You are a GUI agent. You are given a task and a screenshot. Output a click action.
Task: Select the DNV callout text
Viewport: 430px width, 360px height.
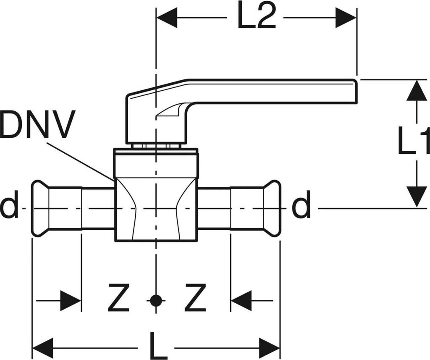coord(38,125)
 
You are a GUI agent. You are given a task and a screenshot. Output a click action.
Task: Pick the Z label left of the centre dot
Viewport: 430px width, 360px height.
coord(118,298)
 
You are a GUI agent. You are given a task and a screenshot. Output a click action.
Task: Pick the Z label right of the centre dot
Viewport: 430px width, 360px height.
coord(196,298)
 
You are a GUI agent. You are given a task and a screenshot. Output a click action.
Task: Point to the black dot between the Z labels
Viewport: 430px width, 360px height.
coord(156,300)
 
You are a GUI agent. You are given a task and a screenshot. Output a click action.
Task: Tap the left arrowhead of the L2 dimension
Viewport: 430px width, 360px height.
coord(167,18)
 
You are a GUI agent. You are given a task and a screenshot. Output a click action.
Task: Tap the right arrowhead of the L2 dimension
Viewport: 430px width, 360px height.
coord(346,18)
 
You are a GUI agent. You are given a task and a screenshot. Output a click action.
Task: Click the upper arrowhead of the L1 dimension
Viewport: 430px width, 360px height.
coord(417,90)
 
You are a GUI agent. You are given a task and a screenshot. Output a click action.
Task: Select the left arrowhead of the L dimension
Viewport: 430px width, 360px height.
coord(43,348)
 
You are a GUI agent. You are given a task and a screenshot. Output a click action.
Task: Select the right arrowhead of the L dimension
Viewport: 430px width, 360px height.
coord(270,348)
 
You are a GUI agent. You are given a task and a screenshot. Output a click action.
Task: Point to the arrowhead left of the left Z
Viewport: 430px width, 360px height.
coord(71,300)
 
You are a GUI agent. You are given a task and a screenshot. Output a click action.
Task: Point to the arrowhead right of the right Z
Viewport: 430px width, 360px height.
coord(241,300)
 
